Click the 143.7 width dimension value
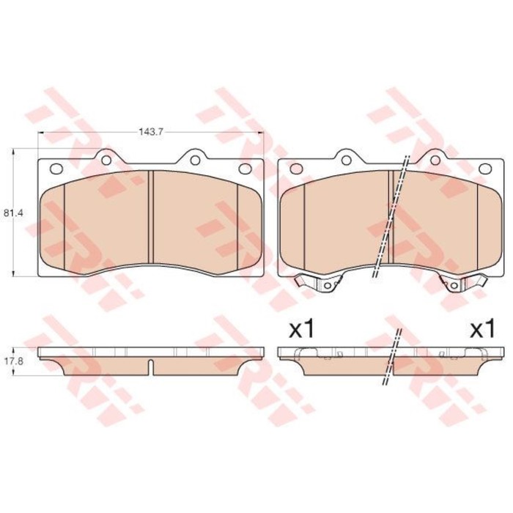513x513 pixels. (x=151, y=132)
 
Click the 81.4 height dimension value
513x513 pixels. (x=13, y=213)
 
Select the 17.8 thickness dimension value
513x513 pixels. (x=13, y=363)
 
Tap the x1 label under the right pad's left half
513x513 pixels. (x=301, y=329)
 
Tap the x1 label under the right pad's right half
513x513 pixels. (x=482, y=329)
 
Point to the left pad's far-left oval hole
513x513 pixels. (x=56, y=169)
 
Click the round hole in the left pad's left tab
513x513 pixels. (x=106, y=160)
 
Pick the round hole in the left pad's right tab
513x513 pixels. (x=196, y=160)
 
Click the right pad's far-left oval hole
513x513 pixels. (x=296, y=169)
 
